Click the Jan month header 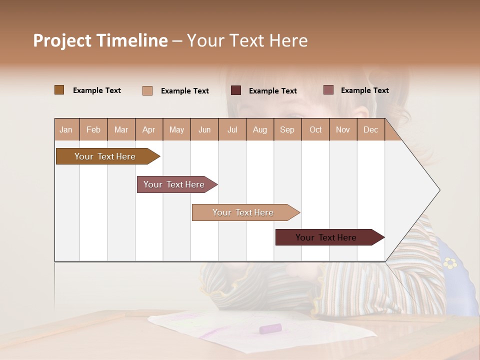66,130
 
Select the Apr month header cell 148,130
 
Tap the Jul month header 232,130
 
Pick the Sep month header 287,130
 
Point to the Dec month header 370,130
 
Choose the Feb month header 93,130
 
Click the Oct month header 315,130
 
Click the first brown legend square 59,90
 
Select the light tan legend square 147,90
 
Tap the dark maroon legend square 236,90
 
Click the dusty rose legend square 328,90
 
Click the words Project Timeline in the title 100,40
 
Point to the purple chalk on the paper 270,328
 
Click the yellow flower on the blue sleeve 450,262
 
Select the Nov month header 343,130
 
